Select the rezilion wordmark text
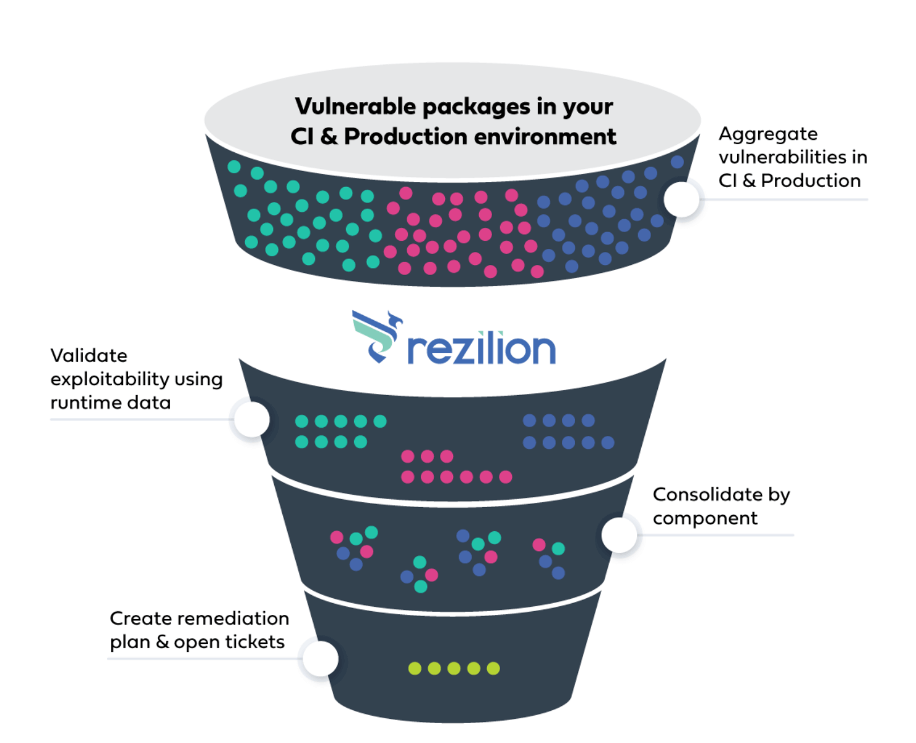coord(482,349)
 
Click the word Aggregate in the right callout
coord(768,134)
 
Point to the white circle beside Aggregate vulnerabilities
coord(681,199)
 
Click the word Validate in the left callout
coord(89,355)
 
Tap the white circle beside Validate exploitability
coord(251,419)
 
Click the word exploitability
coord(110,379)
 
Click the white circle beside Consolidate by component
coord(620,534)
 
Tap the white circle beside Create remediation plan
coord(320,658)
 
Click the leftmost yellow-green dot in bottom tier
coord(415,668)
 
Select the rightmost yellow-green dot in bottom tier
coord(493,668)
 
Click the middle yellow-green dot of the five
coord(454,668)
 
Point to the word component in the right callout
coord(705,518)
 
